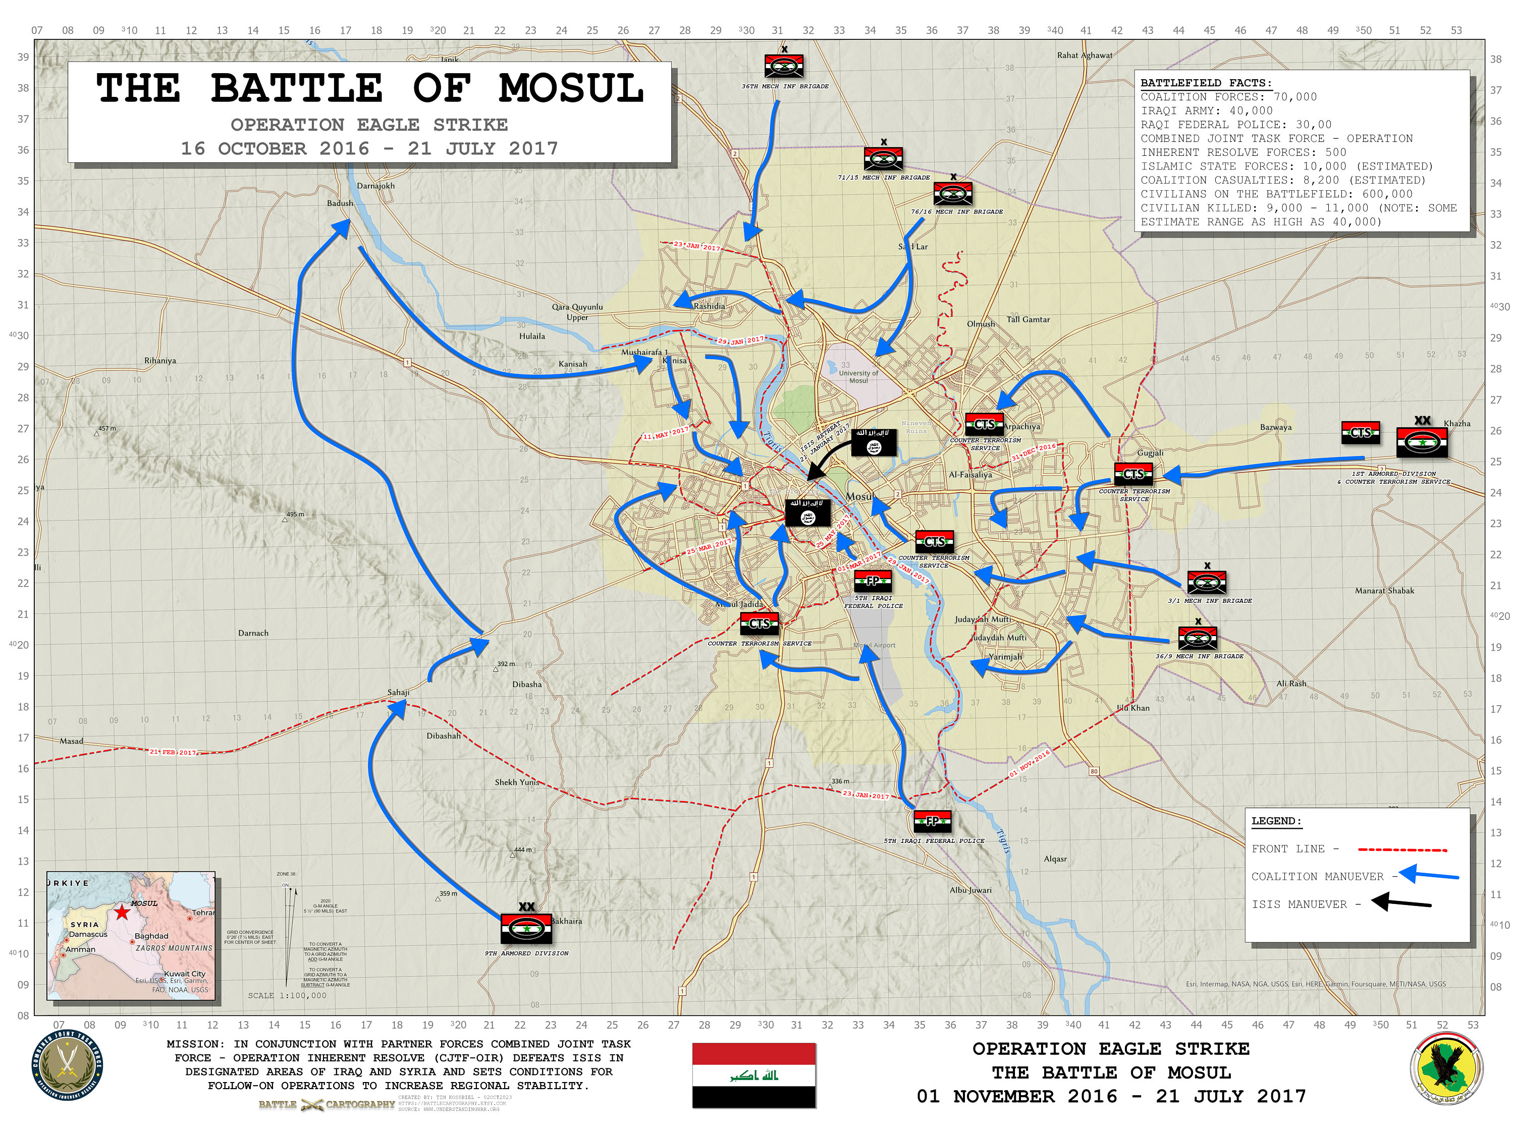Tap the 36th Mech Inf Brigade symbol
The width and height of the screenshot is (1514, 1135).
pos(784,67)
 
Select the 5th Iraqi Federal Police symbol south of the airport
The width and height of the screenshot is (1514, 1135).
pos(932,821)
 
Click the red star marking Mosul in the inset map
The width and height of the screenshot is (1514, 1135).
pos(122,912)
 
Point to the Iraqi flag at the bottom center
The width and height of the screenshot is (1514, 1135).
pos(753,1075)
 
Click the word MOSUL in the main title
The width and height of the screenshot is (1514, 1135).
pos(571,89)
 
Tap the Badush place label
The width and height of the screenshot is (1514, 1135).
pos(340,203)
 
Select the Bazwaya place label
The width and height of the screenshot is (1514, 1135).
pos(1276,428)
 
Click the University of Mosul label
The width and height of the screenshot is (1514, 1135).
pos(859,377)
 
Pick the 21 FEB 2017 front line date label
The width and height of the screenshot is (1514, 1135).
pos(174,752)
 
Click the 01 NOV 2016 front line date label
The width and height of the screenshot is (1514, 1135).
pos(1030,764)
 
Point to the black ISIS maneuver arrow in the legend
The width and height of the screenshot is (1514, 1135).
pos(1400,902)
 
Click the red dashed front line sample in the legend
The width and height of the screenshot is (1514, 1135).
pos(1402,849)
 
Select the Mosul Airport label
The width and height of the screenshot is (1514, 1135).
pos(875,645)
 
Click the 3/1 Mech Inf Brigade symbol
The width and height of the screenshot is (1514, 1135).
pos(1207,582)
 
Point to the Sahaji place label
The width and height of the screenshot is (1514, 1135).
pos(398,693)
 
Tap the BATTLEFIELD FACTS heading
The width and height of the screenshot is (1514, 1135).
pos(1205,83)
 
